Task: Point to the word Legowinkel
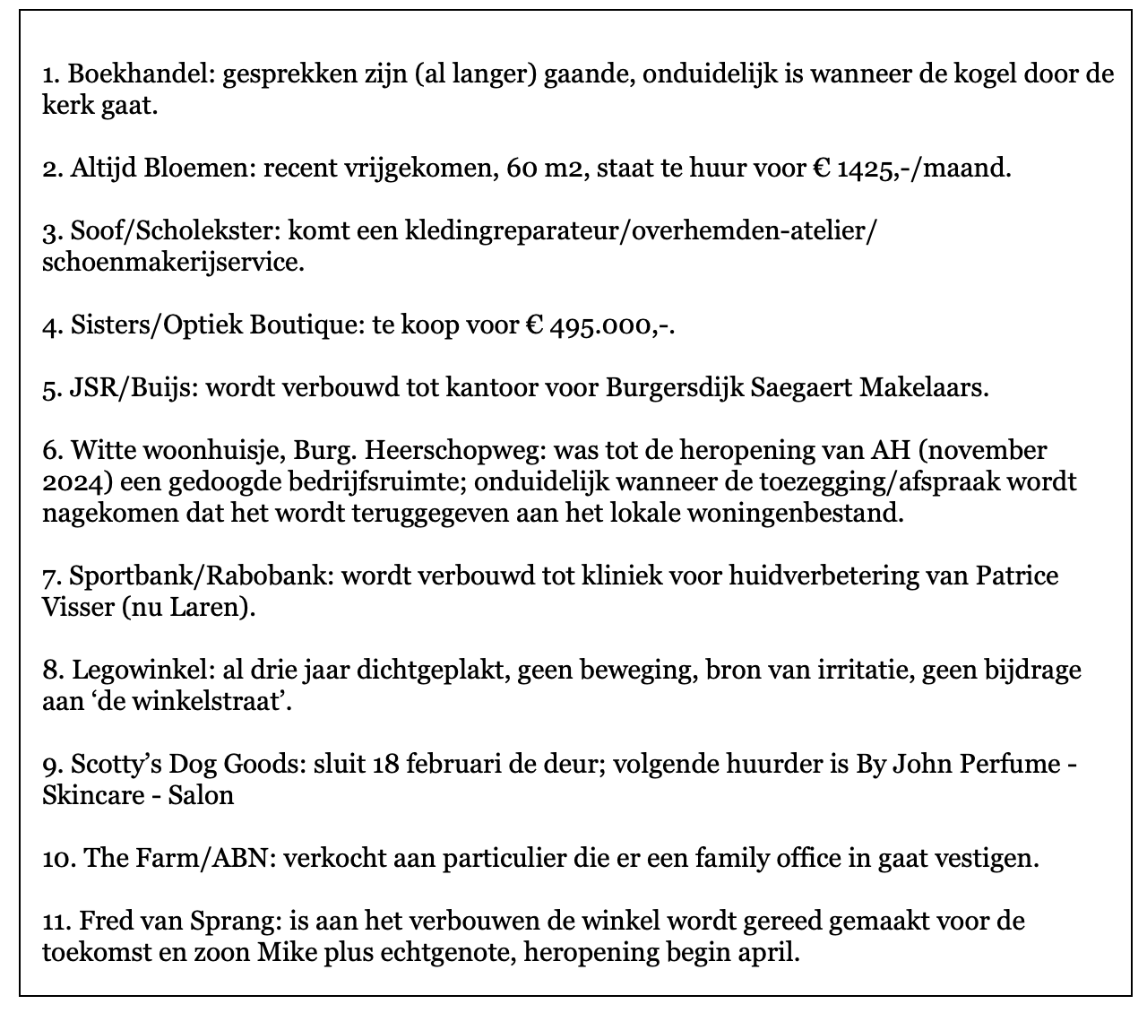point(139,671)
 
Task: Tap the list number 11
point(54,922)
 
